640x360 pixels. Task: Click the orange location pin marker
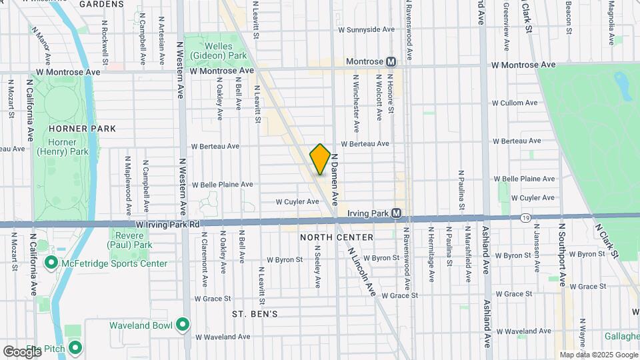click(x=320, y=159)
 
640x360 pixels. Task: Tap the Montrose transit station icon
click(x=391, y=61)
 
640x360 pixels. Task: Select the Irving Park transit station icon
click(x=397, y=213)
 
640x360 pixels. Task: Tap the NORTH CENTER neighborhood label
click(x=331, y=237)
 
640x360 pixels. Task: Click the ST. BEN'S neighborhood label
click(x=255, y=313)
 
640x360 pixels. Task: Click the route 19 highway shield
click(x=526, y=217)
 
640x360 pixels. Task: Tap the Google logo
click(x=22, y=351)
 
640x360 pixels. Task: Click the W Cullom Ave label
click(x=514, y=103)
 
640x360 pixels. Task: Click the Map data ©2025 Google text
click(x=598, y=355)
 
